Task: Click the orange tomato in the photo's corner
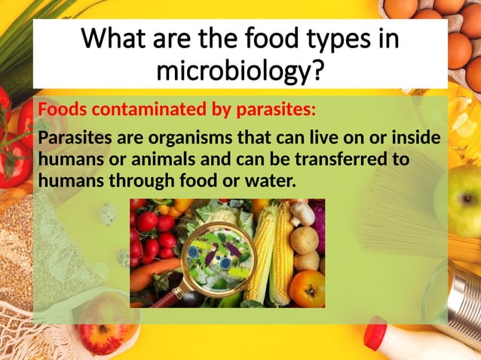click(x=307, y=288)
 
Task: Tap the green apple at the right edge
click(x=461, y=200)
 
